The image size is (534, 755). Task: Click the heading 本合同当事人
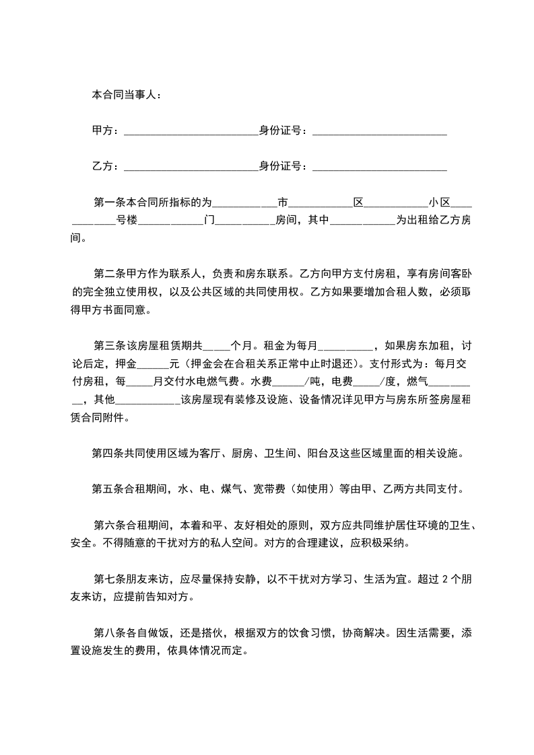[126, 95]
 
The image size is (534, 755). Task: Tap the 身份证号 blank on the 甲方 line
[380, 131]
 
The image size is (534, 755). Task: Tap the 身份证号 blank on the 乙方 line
[380, 167]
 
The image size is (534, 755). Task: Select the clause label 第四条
[108, 454]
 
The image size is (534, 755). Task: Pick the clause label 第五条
[108, 490]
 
